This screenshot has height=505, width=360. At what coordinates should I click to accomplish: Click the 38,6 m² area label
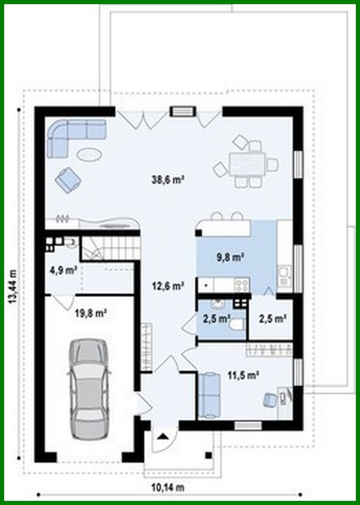168,180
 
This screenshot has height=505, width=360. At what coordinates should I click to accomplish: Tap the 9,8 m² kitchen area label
230,258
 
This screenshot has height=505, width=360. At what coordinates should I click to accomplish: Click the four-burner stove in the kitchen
242,285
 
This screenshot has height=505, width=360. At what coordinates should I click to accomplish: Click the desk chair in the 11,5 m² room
269,399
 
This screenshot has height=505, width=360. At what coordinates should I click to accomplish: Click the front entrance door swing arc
163,439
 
